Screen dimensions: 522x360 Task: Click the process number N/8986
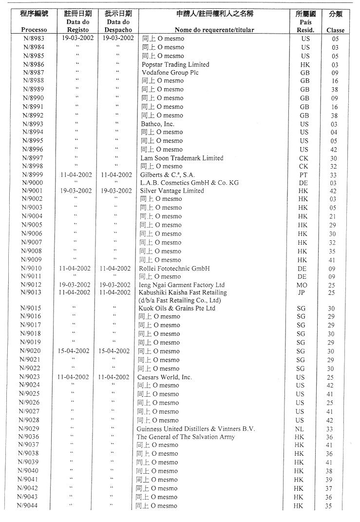(34, 64)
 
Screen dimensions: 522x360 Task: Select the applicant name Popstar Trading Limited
(175, 64)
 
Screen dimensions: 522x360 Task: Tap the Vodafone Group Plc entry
(170, 73)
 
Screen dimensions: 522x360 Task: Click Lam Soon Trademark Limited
(182, 158)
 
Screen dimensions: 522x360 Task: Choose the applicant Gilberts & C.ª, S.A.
(169, 174)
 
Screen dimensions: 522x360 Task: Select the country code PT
(303, 174)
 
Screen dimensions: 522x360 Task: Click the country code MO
(302, 285)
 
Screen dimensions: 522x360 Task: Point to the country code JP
(302, 292)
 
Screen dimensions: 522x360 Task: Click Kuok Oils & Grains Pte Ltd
(177, 308)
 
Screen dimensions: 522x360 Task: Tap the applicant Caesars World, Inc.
(165, 377)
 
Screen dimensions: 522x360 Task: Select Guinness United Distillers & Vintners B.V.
(196, 429)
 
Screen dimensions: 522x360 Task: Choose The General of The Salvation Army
(186, 437)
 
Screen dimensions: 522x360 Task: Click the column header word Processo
(34, 30)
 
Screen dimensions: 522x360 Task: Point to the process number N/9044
(28, 505)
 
